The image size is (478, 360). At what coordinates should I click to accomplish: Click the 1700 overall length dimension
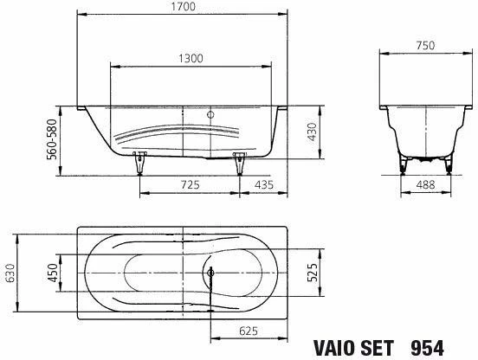[x=184, y=7]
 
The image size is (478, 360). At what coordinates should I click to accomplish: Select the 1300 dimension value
[x=191, y=58]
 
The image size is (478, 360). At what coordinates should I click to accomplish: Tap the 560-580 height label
[x=52, y=139]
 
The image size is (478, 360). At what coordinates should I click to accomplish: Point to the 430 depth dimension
[x=312, y=132]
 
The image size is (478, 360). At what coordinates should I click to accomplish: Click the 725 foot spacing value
[x=190, y=184]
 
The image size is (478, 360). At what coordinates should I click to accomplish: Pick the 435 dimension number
[x=264, y=184]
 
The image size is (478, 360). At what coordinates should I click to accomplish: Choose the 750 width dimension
[x=425, y=46]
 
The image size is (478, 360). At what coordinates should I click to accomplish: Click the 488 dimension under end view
[x=425, y=184]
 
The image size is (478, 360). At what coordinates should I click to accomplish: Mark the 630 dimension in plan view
[x=10, y=273]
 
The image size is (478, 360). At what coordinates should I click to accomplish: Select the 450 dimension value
[x=53, y=273]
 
